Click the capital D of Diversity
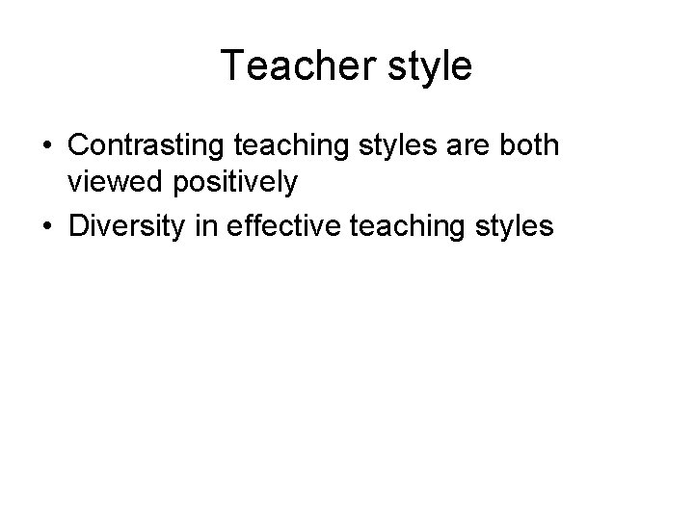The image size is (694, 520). (78, 226)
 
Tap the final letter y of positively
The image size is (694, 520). (288, 185)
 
